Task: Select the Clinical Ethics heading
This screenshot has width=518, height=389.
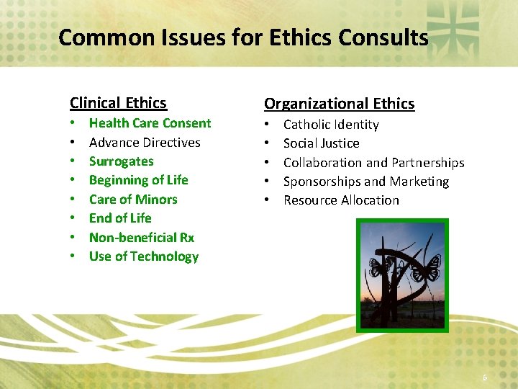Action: (x=118, y=103)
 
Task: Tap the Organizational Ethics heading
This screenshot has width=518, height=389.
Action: (x=339, y=104)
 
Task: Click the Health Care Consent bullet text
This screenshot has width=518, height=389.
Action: (x=150, y=123)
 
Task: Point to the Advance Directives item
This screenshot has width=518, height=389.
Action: (x=145, y=143)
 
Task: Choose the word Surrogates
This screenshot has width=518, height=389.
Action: (x=121, y=161)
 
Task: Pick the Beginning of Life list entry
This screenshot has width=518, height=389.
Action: (x=138, y=180)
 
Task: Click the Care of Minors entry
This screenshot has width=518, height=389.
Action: (x=133, y=200)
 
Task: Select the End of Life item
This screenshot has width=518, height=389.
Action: (x=120, y=218)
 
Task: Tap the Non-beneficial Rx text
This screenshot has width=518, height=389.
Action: (x=141, y=237)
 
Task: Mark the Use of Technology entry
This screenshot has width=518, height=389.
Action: (x=143, y=256)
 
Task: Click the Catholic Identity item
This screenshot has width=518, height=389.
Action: (x=331, y=125)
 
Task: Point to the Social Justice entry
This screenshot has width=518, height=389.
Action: (x=321, y=143)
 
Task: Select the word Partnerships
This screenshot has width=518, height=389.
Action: (x=428, y=163)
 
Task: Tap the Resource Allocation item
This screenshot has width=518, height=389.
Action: (x=341, y=200)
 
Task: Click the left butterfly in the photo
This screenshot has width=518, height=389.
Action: (x=378, y=268)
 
